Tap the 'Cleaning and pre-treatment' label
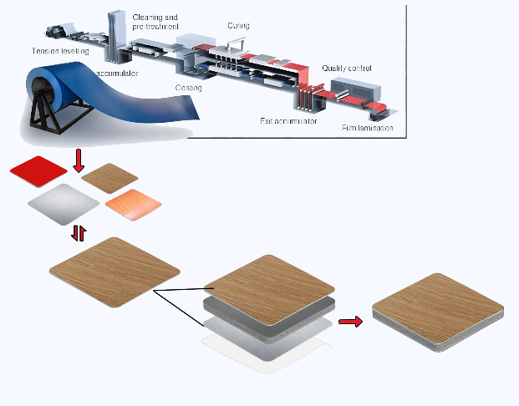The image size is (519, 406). [x=156, y=22]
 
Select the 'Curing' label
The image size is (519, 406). [x=237, y=26]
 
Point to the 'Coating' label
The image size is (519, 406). [x=188, y=87]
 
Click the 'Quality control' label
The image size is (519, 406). [x=347, y=68]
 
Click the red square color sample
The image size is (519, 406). [x=38, y=170]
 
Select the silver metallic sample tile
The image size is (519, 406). [x=64, y=203]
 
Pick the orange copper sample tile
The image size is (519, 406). [x=131, y=204]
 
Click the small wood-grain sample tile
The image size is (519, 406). [x=109, y=177]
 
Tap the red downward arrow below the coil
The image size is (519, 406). [x=79, y=161]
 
